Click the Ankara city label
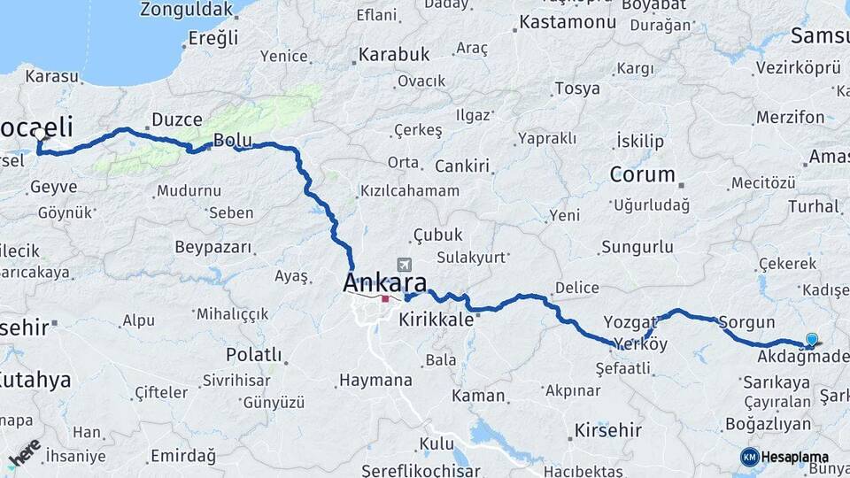(384, 283)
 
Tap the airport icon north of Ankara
(405, 265)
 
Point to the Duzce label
(177, 119)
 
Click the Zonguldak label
(192, 11)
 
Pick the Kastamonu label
(567, 22)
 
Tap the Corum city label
(643, 174)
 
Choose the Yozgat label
(630, 321)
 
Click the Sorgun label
(746, 323)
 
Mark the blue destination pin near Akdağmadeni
(812, 339)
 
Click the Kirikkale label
(437, 320)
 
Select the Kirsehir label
(607, 430)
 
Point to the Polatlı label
(254, 355)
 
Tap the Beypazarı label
(213, 247)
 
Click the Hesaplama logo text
(795, 457)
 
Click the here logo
(25, 452)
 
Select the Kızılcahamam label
(410, 191)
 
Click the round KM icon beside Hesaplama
(749, 457)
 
